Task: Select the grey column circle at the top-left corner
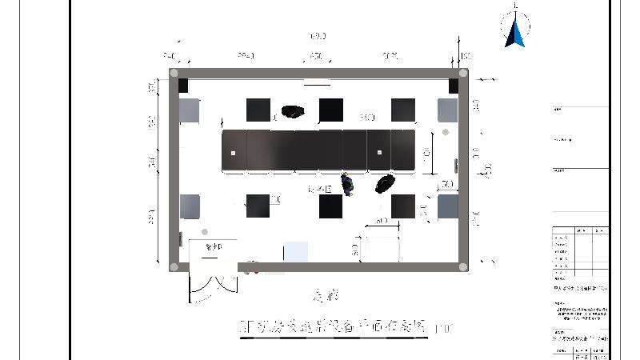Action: click(174, 73)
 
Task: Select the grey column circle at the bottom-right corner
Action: click(462, 267)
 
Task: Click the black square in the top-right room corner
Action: click(454, 86)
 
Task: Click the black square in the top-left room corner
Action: click(183, 86)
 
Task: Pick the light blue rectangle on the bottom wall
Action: click(296, 251)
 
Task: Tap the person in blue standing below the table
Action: click(348, 184)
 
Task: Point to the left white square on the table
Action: click(234, 152)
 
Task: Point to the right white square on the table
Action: click(379, 152)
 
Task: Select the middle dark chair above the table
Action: click(331, 110)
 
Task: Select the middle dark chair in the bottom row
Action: click(331, 206)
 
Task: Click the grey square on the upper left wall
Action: click(189, 110)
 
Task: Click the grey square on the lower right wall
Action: click(447, 206)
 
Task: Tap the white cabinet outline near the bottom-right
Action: click(380, 248)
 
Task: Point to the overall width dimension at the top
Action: click(318, 37)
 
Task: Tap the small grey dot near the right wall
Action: click(446, 132)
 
